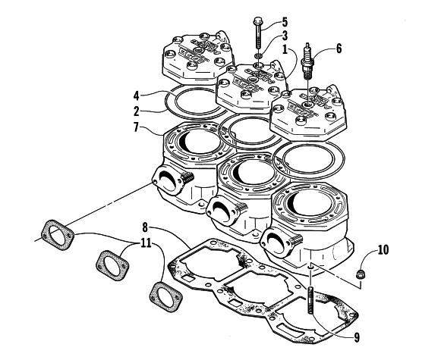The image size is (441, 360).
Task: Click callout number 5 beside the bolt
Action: tap(285, 22)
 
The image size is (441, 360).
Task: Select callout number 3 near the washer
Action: tap(285, 36)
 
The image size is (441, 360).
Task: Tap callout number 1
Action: tap(285, 50)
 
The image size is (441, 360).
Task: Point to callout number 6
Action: tap(339, 49)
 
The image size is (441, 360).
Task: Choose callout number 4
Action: tap(136, 96)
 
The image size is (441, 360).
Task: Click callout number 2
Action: tap(136, 111)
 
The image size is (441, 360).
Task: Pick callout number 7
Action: tap(136, 128)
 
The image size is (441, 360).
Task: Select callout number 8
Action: tap(145, 227)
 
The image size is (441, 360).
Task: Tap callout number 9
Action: tap(357, 338)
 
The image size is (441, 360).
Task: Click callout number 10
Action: tap(383, 250)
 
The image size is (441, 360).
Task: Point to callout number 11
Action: tap(146, 243)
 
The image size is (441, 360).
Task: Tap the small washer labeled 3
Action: tap(259, 55)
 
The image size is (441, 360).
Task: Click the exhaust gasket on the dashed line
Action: tap(58, 235)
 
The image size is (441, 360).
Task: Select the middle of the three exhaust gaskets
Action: tap(112, 265)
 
